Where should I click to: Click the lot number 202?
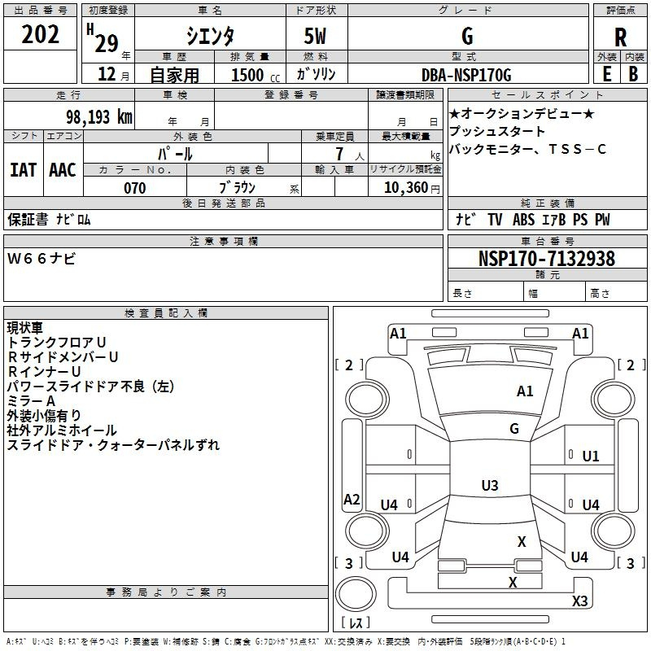click(x=40, y=34)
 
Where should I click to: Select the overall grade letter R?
click(x=620, y=37)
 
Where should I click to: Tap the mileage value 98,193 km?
click(x=99, y=117)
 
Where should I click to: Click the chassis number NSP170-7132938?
click(x=547, y=258)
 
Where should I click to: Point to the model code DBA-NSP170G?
click(x=466, y=75)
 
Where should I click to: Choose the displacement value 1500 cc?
click(x=256, y=75)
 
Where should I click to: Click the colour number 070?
click(x=135, y=188)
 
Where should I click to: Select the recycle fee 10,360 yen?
click(x=412, y=188)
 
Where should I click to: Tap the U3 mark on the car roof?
click(x=490, y=485)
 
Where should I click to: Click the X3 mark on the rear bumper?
click(x=580, y=601)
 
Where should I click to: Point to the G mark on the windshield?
click(x=514, y=429)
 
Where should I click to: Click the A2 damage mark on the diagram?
click(x=352, y=499)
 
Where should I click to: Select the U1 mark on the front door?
click(x=591, y=457)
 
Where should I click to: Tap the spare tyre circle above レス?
click(x=356, y=593)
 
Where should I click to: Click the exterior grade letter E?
click(x=607, y=74)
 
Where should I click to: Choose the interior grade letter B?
click(x=633, y=74)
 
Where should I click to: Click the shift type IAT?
click(x=24, y=170)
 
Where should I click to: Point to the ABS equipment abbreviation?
click(x=523, y=220)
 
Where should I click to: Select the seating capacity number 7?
click(x=339, y=154)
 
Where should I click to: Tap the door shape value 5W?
click(x=316, y=36)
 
